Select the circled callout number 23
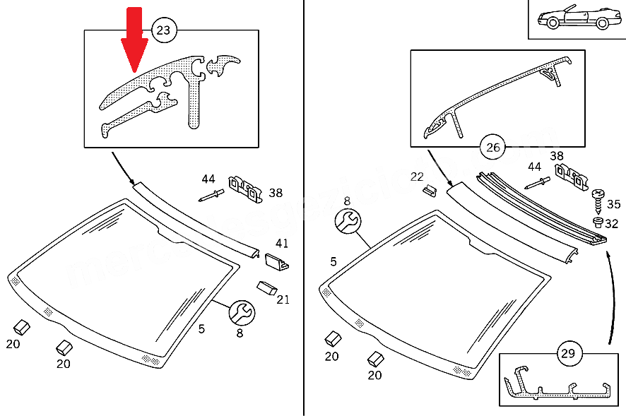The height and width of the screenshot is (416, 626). click(163, 30)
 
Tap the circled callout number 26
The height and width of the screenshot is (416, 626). click(493, 147)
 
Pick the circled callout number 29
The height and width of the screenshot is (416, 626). click(567, 352)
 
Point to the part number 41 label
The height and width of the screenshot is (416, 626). click(282, 244)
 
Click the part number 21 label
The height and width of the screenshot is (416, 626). click(283, 299)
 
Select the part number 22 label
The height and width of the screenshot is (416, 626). click(418, 176)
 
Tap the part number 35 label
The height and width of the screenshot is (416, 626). click(613, 205)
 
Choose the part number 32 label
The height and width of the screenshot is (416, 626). click(611, 224)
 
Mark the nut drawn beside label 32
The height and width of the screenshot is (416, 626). click(597, 222)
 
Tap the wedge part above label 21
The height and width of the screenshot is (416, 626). click(266, 287)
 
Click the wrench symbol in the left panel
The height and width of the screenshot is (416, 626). click(241, 311)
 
